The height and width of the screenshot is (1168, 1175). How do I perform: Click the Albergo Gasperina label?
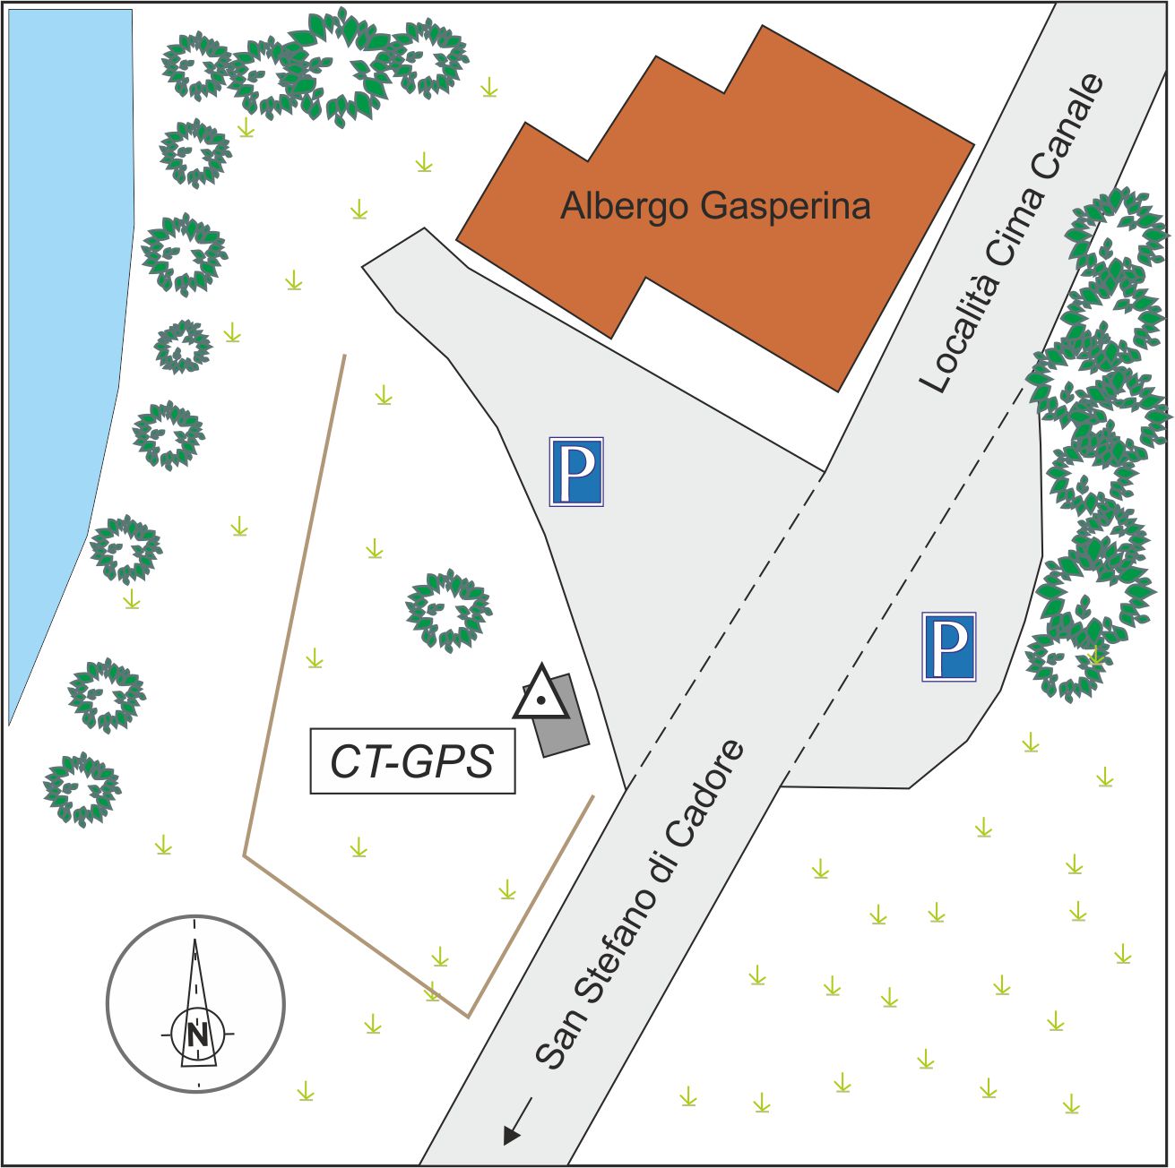(x=715, y=206)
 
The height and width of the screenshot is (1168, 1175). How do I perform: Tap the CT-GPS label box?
(x=412, y=761)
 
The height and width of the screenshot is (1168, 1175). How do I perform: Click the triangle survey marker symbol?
(x=540, y=695)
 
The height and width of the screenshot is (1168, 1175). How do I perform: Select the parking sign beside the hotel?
(x=575, y=471)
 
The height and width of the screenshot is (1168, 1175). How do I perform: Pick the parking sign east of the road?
(x=948, y=646)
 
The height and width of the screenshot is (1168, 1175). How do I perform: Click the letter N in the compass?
(x=197, y=1035)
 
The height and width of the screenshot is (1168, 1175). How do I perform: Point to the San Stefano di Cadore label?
(x=640, y=905)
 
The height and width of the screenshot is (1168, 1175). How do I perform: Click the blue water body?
(x=63, y=313)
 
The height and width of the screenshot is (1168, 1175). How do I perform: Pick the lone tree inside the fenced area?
(x=448, y=609)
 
